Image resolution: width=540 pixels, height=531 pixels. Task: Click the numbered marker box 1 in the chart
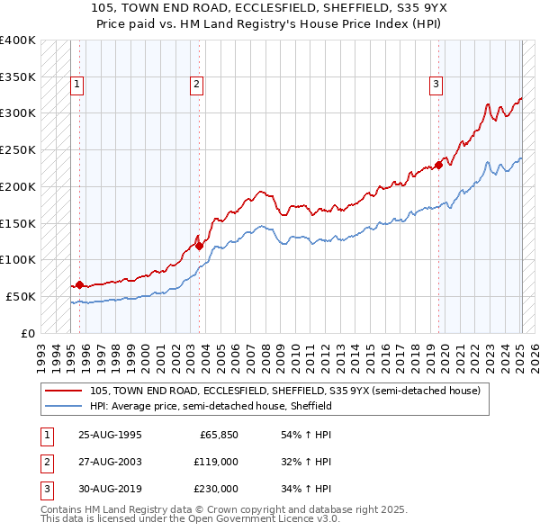click(x=77, y=85)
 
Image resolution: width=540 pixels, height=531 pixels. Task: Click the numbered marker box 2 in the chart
click(x=196, y=85)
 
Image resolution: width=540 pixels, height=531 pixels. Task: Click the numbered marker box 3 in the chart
click(x=436, y=85)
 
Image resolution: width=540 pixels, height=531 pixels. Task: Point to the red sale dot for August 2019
click(x=438, y=164)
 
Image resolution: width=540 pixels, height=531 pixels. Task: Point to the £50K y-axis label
click(x=21, y=296)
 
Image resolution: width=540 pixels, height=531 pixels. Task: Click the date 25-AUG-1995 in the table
click(x=110, y=435)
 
